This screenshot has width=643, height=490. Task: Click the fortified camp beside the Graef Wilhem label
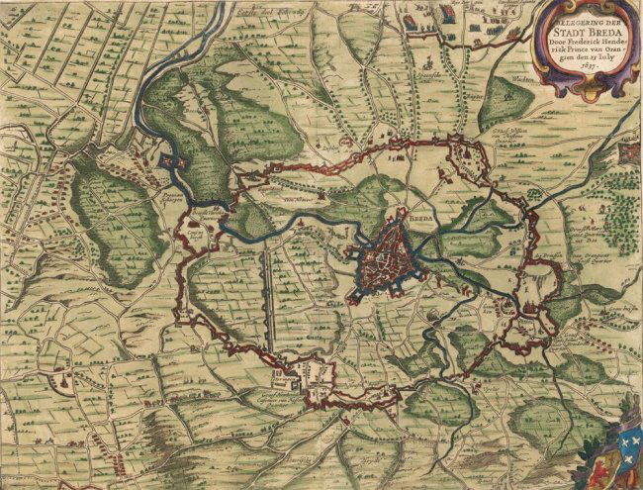pos(465,153)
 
